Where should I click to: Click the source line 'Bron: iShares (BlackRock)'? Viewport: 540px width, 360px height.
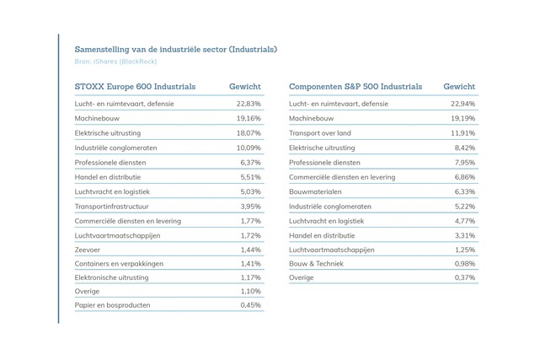tap(115, 62)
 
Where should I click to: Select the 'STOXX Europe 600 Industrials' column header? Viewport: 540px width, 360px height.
tap(135, 87)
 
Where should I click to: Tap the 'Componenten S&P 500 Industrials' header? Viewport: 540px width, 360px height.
tap(356, 87)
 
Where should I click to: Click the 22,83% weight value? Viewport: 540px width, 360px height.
tap(249, 104)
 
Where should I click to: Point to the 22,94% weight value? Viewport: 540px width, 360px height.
tap(462, 104)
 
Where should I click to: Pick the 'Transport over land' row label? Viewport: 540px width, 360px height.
tap(320, 133)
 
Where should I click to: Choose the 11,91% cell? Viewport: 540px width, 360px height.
tap(462, 133)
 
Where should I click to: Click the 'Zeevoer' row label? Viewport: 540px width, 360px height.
tap(88, 250)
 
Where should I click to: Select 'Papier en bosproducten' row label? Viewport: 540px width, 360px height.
tap(112, 305)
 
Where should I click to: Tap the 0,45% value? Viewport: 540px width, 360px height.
tap(251, 305)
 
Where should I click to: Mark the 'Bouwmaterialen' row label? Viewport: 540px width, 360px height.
tap(315, 191)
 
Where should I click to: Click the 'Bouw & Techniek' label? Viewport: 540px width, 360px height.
tap(316, 264)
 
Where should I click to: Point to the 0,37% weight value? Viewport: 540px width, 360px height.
tap(465, 277)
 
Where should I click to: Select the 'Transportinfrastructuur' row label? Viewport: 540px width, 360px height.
tap(111, 207)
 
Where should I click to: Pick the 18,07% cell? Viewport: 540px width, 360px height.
tap(249, 133)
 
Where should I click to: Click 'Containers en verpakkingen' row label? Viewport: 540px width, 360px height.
tap(119, 264)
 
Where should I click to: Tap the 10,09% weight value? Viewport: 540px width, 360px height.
tap(249, 148)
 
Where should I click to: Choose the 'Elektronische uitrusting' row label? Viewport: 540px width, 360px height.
tap(111, 277)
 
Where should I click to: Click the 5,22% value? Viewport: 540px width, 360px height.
tap(465, 207)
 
